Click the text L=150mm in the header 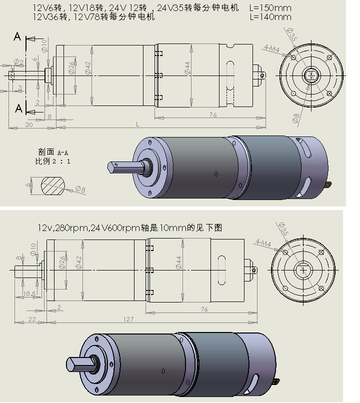tap(270, 8)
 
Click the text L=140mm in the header tap(270, 16)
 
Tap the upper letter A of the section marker tap(17, 36)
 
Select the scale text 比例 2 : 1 tap(52, 161)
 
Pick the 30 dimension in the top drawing tap(28, 124)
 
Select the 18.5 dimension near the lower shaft tap(29, 293)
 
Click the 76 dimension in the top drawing tap(212, 115)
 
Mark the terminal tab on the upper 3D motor tap(328, 185)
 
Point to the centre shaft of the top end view tap(310, 75)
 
